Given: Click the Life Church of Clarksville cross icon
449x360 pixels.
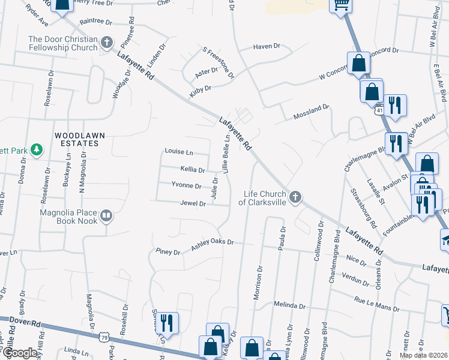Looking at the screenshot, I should (295, 197).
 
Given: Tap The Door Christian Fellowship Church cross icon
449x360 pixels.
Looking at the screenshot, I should (107, 43).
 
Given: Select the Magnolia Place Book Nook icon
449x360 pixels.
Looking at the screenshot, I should (106, 215).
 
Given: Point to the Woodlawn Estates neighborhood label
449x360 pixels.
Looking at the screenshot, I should (76, 140).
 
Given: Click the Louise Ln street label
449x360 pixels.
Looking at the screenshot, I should (179, 152).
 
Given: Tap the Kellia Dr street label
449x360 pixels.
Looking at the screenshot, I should (193, 170).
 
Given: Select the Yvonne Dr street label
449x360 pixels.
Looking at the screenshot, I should (186, 185).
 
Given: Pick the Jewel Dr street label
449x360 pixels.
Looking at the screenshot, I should (193, 203).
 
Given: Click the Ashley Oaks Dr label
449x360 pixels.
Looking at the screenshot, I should (212, 245).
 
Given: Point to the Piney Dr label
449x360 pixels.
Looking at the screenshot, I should (167, 253).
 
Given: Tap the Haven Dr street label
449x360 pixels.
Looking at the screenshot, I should (267, 46).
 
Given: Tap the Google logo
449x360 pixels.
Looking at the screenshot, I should (19, 353).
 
